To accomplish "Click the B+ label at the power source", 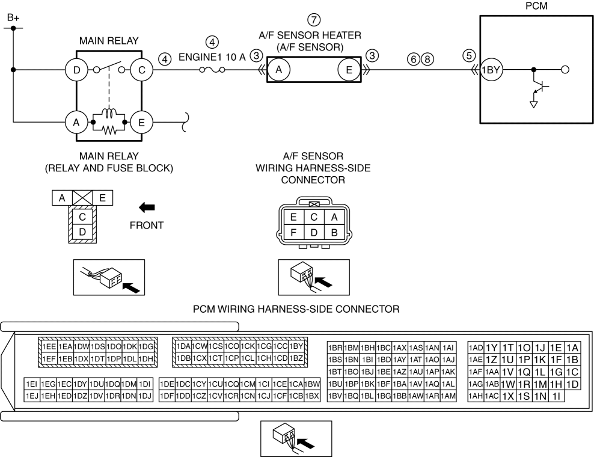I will point(13,19).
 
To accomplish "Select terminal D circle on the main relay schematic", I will point(76,70).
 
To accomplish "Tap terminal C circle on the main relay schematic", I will point(142,70).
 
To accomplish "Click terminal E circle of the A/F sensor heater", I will point(349,70).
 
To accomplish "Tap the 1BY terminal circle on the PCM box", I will point(492,70).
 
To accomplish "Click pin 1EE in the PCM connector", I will point(49,346).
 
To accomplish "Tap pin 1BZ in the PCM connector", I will point(296,358).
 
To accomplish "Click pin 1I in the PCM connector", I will point(557,396).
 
